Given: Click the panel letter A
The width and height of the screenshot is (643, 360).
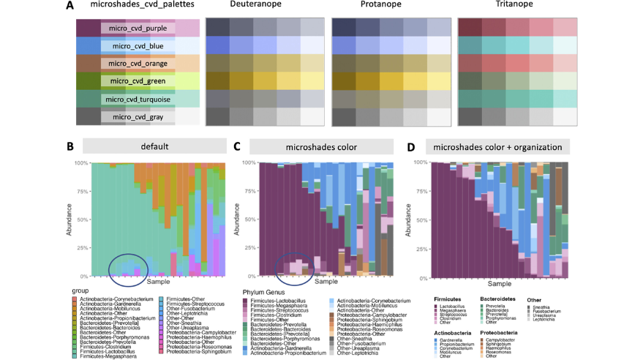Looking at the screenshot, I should [x=69, y=6].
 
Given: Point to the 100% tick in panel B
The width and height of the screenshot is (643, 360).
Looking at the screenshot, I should [x=82, y=162].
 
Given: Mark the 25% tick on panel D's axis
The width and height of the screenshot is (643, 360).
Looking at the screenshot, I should [x=419, y=248].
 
